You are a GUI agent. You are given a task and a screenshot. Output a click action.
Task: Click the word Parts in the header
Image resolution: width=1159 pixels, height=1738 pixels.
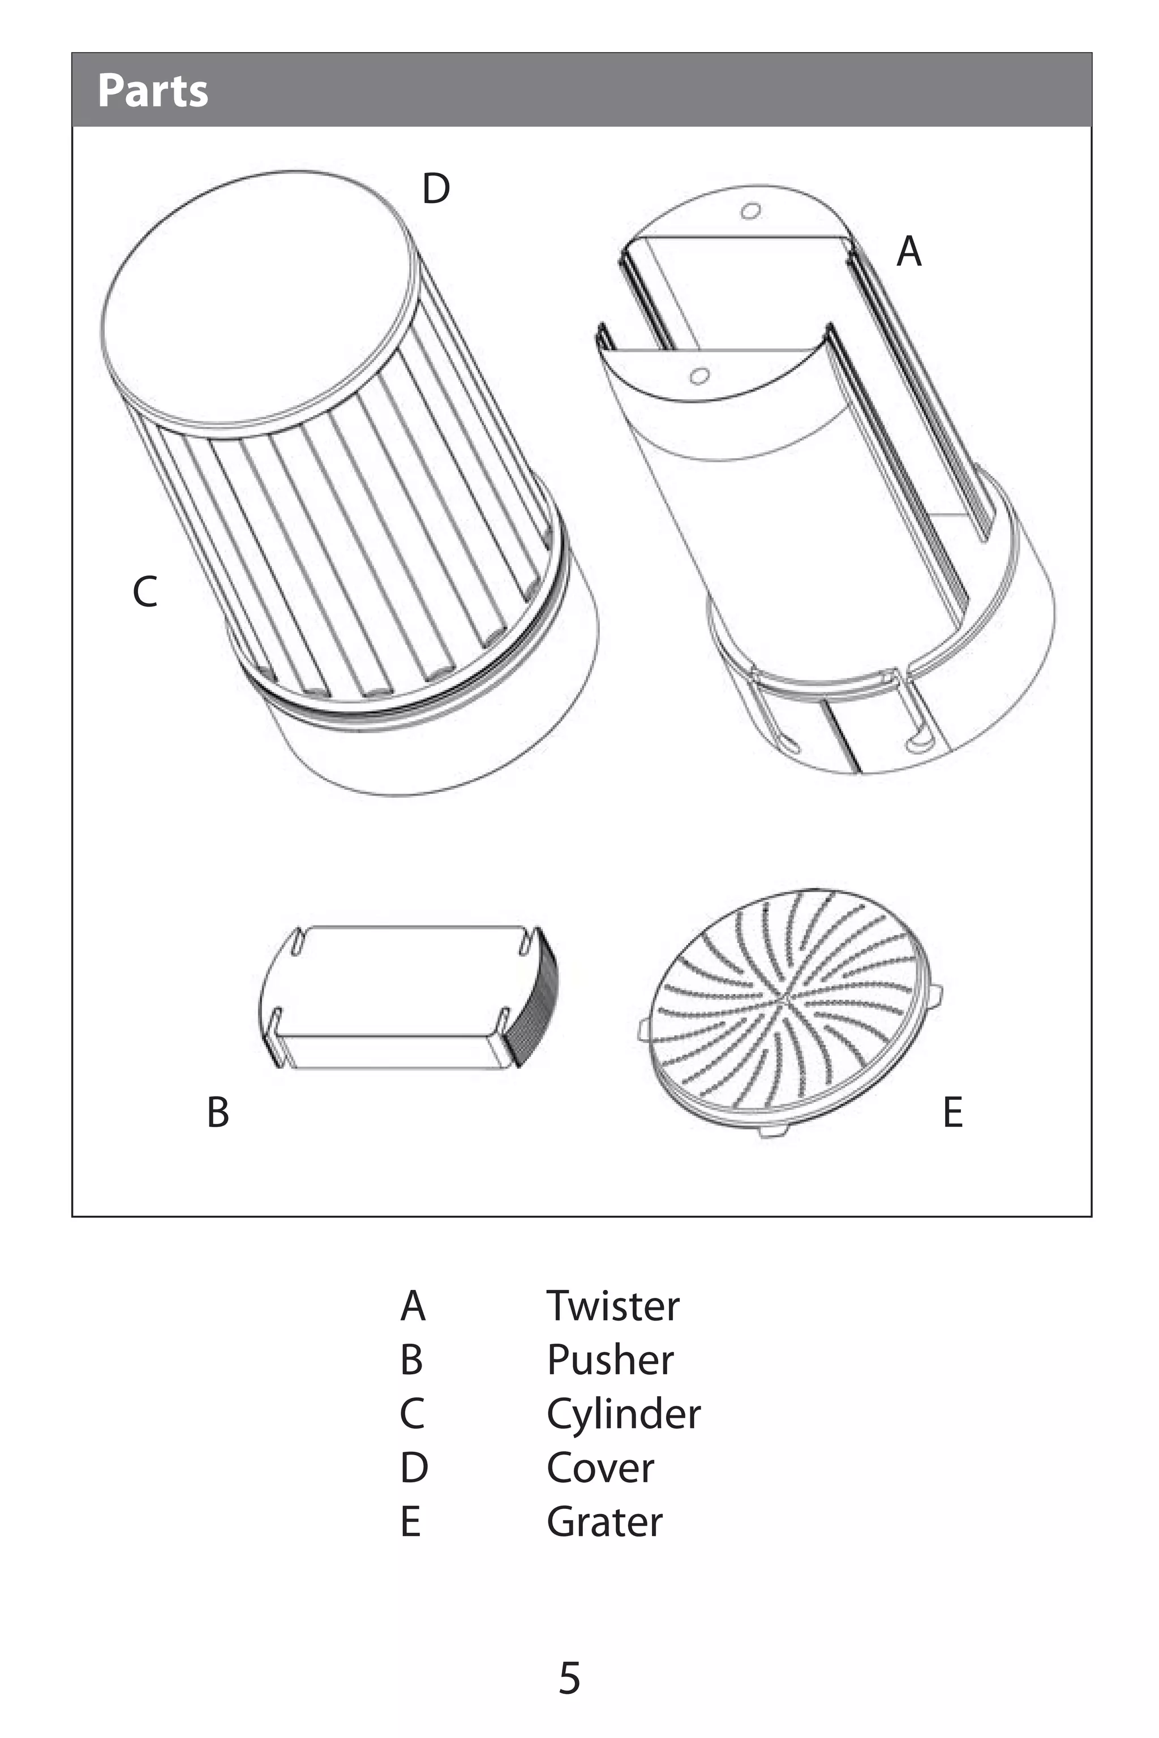(x=153, y=91)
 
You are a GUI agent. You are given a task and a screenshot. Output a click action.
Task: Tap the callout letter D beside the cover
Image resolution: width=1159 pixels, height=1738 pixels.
(x=436, y=188)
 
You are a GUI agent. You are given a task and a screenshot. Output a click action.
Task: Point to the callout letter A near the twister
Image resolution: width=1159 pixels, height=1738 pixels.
(x=909, y=251)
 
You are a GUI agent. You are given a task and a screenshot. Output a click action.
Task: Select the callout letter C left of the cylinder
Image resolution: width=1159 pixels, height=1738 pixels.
(x=145, y=592)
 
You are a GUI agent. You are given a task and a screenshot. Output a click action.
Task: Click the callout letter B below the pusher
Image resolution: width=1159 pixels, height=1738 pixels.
(x=218, y=1112)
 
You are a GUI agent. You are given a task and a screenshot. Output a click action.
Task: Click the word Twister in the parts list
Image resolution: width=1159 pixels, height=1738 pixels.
(x=613, y=1306)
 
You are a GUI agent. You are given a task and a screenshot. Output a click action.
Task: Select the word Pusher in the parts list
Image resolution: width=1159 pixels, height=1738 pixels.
(x=611, y=1360)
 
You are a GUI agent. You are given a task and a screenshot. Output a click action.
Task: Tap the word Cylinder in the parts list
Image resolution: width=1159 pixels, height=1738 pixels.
(x=624, y=1415)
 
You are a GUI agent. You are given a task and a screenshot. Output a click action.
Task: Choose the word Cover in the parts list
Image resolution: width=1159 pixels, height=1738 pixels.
(x=600, y=1468)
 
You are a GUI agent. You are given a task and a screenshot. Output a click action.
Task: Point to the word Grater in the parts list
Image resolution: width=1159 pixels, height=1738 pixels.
(x=604, y=1521)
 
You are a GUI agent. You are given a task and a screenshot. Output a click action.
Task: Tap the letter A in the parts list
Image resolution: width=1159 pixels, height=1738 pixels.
(x=413, y=1306)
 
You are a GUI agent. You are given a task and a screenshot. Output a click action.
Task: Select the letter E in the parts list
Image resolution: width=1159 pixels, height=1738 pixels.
(x=411, y=1521)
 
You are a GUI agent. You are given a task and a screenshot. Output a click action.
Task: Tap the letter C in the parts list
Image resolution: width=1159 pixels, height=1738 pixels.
(x=413, y=1414)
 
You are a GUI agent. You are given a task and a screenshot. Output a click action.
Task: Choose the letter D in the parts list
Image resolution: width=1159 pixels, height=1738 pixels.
(x=414, y=1468)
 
